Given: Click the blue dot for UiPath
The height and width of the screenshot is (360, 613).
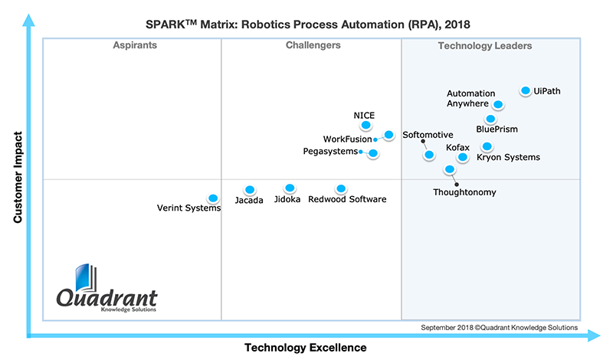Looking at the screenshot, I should point(526,90).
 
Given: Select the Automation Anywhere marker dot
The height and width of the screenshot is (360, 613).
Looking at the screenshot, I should point(498,104).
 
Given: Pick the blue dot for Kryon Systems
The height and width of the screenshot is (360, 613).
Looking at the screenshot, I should point(487,146).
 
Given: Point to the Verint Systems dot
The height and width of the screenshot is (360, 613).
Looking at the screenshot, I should point(213,198).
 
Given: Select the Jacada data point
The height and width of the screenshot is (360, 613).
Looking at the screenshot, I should point(249,189).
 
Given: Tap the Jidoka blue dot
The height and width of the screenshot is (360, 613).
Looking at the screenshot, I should point(290,188).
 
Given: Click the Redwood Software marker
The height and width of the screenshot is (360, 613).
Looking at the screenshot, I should point(341,188).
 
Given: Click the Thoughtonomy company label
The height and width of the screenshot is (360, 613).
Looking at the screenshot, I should point(464,192).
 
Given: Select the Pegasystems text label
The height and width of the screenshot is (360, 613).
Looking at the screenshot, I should point(330,152).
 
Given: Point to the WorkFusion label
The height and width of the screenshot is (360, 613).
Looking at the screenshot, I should point(347,139).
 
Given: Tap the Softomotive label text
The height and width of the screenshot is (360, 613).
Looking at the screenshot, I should point(428,136).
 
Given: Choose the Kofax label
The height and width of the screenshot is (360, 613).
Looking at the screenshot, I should point(457,147).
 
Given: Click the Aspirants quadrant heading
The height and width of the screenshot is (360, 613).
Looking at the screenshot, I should point(135,46).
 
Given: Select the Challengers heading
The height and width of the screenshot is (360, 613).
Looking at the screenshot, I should point(313,46).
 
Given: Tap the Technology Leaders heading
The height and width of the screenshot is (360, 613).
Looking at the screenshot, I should point(485,46).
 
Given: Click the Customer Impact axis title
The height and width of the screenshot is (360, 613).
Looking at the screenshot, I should point(17,178).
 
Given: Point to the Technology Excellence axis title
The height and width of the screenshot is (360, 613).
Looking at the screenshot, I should point(305,348).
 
